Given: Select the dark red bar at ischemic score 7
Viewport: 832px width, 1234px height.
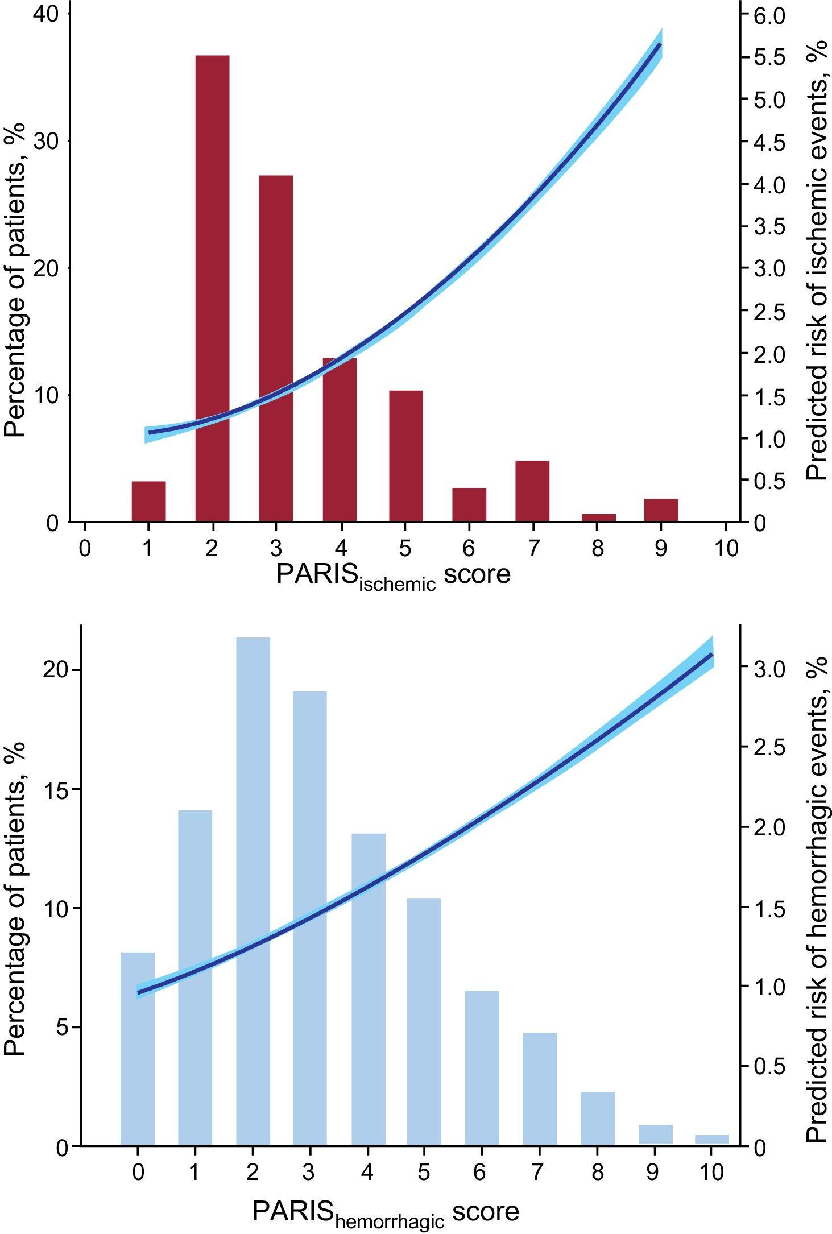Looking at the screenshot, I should (532, 491).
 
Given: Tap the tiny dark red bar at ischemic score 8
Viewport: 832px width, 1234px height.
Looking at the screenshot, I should (598, 517).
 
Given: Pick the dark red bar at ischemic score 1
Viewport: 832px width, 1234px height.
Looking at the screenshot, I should (148, 501).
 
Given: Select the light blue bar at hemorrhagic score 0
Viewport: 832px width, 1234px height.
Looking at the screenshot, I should (138, 1049).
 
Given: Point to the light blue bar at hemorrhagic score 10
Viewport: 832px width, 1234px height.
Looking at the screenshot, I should (711, 1140).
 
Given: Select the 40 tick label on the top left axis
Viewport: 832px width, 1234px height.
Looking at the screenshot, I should (45, 15).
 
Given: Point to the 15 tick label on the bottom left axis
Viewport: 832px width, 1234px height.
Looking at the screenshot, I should (56, 789).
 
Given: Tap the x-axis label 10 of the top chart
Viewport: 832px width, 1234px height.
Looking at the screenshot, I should (725, 548).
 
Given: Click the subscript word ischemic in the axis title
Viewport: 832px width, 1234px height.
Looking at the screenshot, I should (397, 583).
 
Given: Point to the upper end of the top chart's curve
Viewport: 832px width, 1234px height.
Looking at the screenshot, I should (659, 44).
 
